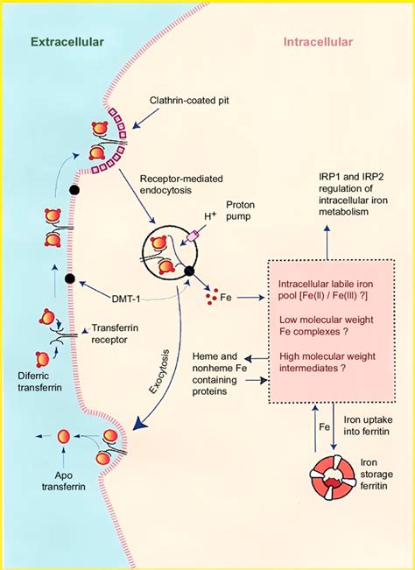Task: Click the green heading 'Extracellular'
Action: point(67,41)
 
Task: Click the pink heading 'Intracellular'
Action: point(319,41)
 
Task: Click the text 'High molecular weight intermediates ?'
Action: point(331,362)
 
